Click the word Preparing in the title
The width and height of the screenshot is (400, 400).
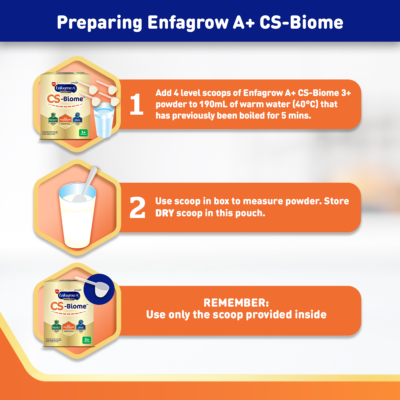click(x=99, y=23)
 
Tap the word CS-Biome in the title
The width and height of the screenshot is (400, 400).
click(x=301, y=23)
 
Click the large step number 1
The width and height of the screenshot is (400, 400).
click(x=136, y=104)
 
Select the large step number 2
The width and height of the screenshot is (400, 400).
click(x=137, y=208)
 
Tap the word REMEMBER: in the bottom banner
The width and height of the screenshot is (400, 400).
click(x=236, y=303)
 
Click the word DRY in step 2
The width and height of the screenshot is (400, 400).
click(x=165, y=213)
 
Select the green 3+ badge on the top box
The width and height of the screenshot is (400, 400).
click(x=83, y=133)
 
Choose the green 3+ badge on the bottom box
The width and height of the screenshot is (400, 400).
click(x=87, y=340)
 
